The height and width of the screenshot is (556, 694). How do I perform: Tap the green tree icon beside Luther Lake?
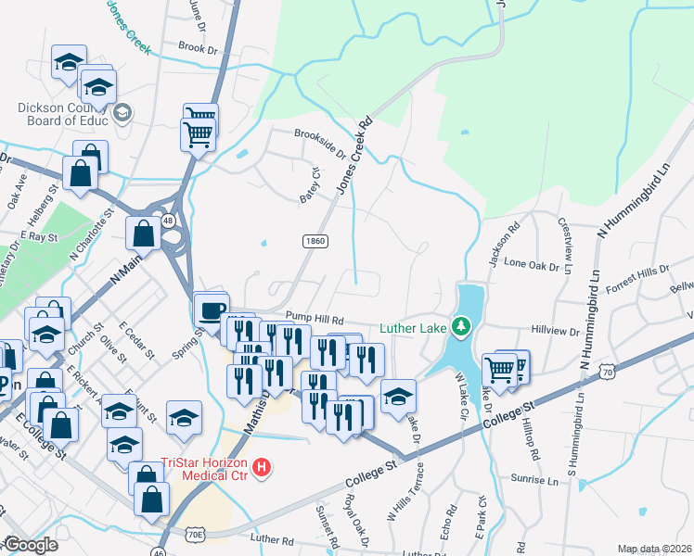pos(459,326)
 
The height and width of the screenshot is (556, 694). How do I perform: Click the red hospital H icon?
pos(263,467)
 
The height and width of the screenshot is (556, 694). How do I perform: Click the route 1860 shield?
pos(315,241)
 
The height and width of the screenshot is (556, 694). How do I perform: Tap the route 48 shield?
pos(168,221)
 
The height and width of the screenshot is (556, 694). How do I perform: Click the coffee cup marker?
pos(211,309)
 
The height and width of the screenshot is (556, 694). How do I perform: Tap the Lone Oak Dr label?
pos(532,264)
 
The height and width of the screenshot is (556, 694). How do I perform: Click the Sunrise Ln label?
pos(534,481)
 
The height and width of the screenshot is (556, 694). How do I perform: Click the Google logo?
pos(31,545)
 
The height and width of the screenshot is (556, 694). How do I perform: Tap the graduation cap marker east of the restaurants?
pos(399,396)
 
